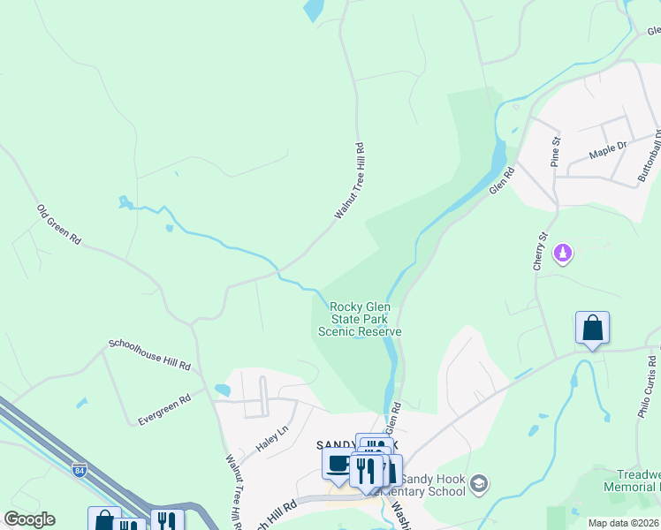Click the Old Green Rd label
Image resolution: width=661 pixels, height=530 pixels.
pos(59,225)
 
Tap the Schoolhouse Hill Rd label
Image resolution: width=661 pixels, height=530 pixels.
pos(149,354)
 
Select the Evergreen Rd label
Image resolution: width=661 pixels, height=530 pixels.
pos(164,411)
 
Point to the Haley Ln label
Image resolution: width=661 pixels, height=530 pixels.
pos(272,439)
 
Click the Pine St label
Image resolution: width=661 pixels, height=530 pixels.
pos(556,151)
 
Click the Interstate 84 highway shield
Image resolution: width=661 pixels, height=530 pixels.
pos(80,469)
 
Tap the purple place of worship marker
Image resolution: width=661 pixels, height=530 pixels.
pos(562,254)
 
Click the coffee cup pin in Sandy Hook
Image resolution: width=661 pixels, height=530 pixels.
pos(338,464)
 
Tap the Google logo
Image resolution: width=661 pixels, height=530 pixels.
pos(29,519)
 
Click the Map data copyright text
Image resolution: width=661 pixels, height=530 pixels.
pos(623,523)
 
